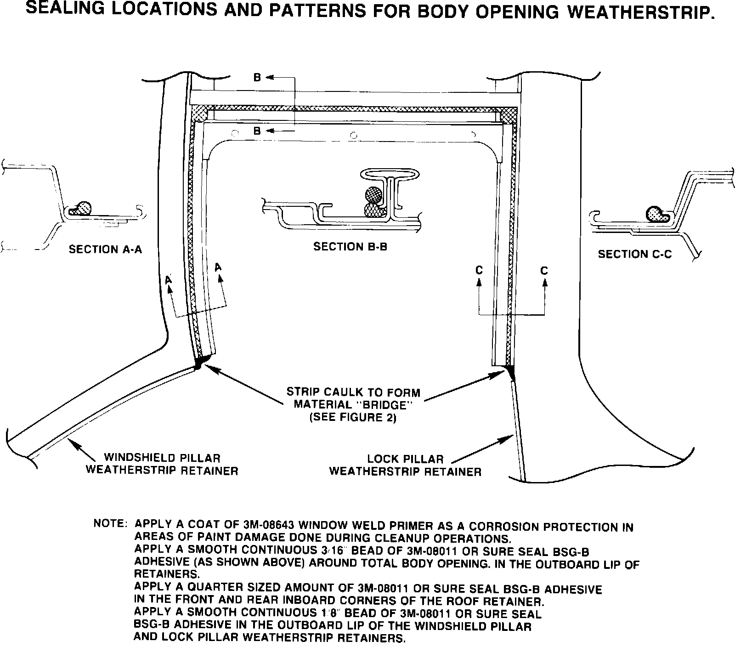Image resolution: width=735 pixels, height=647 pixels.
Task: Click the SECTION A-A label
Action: click(x=105, y=250)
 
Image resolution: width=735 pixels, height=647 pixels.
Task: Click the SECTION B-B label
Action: click(x=350, y=247)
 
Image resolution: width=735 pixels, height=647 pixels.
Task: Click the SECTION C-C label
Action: click(x=634, y=254)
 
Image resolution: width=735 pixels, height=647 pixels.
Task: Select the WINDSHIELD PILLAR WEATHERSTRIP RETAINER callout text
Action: click(x=162, y=464)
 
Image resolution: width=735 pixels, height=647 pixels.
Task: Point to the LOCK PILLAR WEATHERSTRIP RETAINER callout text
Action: click(x=405, y=465)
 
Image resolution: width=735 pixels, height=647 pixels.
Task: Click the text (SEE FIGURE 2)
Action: click(x=353, y=418)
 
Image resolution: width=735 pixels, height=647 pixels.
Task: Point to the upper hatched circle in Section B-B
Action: click(x=373, y=194)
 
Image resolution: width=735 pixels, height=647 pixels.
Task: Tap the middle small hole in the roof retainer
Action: click(x=353, y=135)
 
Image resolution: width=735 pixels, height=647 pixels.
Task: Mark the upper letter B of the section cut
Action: click(x=257, y=78)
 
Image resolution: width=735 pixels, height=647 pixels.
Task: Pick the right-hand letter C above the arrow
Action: click(x=544, y=271)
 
